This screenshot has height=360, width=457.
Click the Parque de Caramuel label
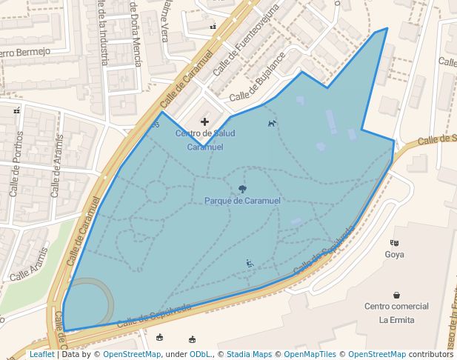(x=242, y=201)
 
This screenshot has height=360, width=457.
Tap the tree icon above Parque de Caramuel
(x=242, y=189)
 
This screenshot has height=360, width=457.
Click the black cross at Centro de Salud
(x=204, y=121)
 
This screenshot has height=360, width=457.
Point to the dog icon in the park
(x=272, y=123)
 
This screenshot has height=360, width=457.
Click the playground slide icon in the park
(x=250, y=263)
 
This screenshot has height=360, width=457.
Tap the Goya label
(x=395, y=255)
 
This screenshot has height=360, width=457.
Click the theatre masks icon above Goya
(x=395, y=242)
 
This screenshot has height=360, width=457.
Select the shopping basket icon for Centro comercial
(x=397, y=295)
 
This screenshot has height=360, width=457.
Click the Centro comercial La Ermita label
(x=396, y=313)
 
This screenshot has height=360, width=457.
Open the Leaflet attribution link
(x=41, y=354)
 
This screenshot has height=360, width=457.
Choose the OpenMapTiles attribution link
(x=310, y=354)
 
